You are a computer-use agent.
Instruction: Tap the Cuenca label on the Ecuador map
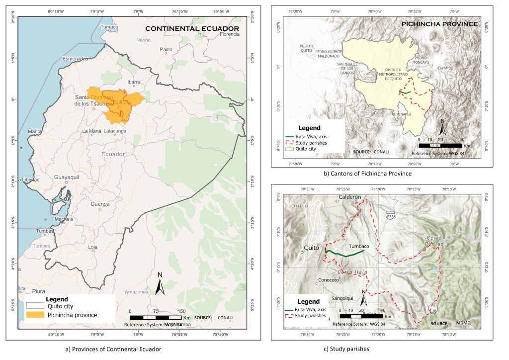(100, 204)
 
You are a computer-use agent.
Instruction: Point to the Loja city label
(92, 247)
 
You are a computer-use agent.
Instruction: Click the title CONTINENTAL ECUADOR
(192, 29)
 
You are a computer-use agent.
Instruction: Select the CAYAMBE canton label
(445, 68)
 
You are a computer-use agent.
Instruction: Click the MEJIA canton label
(378, 125)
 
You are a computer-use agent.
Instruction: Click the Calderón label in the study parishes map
(349, 197)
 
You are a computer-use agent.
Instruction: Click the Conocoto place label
(329, 279)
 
